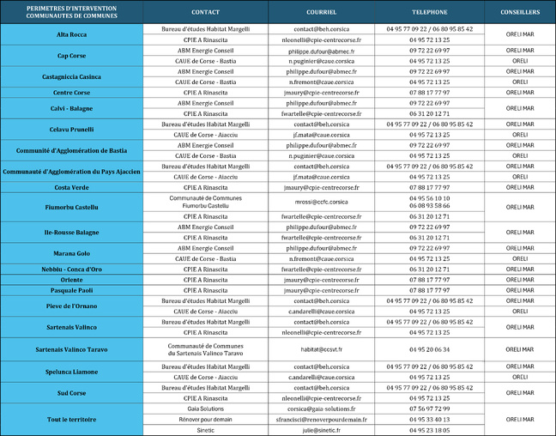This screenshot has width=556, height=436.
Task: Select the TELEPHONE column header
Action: point(429,13)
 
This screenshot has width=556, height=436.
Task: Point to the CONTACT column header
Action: point(205,13)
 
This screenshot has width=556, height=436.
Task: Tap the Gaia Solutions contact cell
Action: point(205,409)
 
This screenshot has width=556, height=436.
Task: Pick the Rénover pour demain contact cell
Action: point(205,420)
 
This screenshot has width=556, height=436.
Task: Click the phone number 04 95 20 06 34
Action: point(429,349)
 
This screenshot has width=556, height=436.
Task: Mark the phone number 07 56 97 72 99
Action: point(429,409)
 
